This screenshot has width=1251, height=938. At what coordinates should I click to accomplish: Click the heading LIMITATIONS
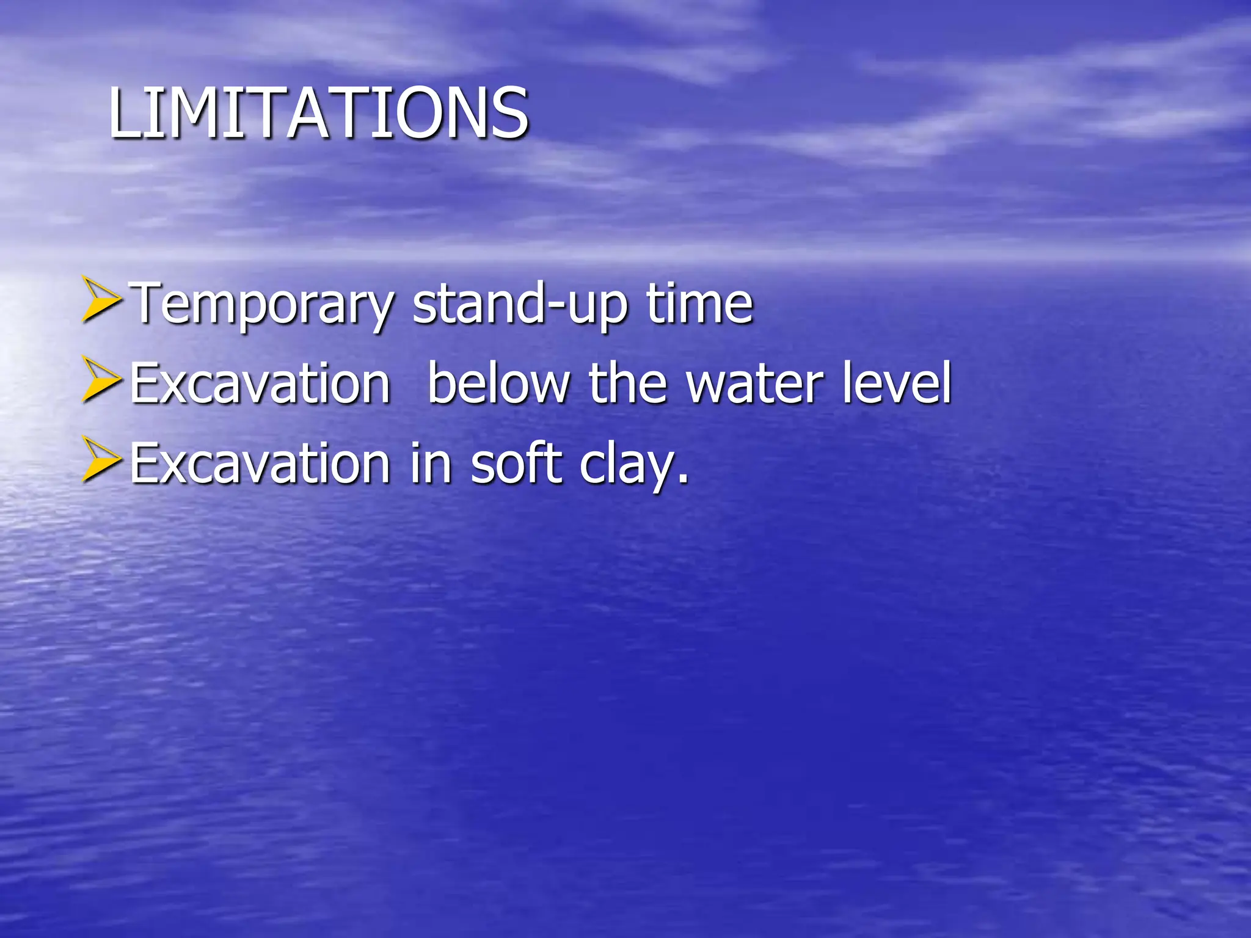click(x=318, y=113)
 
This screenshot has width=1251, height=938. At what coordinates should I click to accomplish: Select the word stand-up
click(x=520, y=304)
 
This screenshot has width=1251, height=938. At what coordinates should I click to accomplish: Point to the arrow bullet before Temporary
click(x=101, y=299)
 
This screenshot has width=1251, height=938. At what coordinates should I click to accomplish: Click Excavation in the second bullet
click(x=260, y=384)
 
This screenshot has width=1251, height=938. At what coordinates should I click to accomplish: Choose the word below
click(x=498, y=384)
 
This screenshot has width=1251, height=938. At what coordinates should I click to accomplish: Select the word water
click(x=754, y=384)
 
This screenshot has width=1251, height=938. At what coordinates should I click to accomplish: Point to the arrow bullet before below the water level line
click(x=101, y=379)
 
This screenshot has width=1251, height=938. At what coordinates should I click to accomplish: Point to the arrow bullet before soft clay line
click(x=101, y=459)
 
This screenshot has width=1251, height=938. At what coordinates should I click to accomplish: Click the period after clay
click(x=683, y=480)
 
